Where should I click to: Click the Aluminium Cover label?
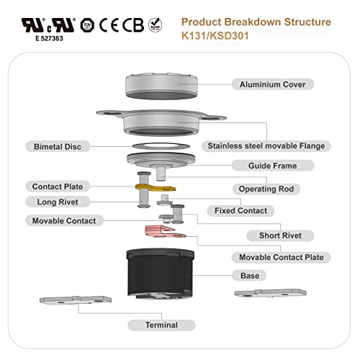click(273, 84)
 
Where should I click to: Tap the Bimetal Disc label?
click(58, 147)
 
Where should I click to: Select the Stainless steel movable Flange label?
click(266, 146)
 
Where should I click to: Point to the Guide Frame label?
click(273, 166)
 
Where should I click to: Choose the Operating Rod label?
click(266, 189)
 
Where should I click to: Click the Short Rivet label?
click(280, 235)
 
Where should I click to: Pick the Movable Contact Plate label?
click(282, 257)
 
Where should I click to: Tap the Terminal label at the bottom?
click(161, 325)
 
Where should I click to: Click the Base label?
click(250, 276)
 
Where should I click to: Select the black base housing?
click(160, 274)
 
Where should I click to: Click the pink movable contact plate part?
click(163, 231)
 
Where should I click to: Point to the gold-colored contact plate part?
click(155, 188)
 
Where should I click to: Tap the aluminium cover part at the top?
click(161, 86)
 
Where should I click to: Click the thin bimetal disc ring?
click(161, 146)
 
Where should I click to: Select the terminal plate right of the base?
click(270, 293)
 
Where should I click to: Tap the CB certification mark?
click(133, 25)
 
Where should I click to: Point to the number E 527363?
click(49, 38)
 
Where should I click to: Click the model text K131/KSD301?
click(215, 36)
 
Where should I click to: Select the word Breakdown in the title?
click(253, 22)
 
